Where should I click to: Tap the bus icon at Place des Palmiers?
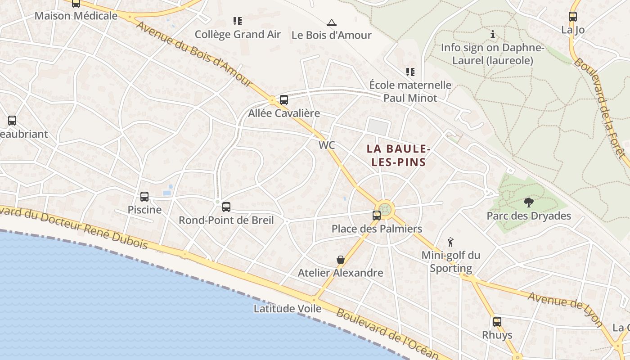(x=377, y=216)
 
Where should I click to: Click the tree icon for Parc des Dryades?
(x=529, y=202)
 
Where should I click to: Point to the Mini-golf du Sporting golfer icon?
(x=450, y=242)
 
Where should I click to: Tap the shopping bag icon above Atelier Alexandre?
(x=341, y=260)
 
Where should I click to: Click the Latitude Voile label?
(x=288, y=309)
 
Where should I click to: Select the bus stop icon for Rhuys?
(x=497, y=322)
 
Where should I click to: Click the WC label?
(x=327, y=145)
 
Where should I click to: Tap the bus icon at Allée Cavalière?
(x=284, y=100)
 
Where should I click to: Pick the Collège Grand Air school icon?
(x=238, y=21)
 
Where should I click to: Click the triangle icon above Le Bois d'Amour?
(x=332, y=22)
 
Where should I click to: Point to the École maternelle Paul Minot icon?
(x=410, y=72)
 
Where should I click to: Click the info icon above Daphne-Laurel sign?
(x=493, y=34)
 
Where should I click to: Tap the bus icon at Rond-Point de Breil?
(x=226, y=207)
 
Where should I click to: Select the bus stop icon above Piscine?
(x=144, y=197)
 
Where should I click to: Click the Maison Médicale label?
(x=76, y=16)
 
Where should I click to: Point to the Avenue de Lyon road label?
(x=565, y=309)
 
